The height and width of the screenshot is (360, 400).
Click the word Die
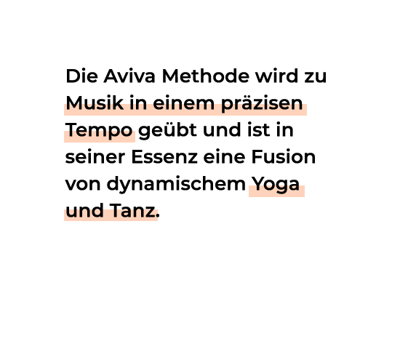[x=81, y=76]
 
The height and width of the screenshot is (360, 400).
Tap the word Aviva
[x=129, y=76]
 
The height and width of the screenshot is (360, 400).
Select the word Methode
[x=206, y=76]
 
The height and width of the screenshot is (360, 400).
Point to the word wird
[x=276, y=76]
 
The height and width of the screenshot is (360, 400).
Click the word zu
[x=316, y=78]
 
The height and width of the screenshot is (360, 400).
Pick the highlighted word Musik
[x=95, y=103]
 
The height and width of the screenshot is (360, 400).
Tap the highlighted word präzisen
[x=262, y=104]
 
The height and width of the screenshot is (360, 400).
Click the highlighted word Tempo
[x=99, y=131]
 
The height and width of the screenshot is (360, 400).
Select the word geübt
[x=167, y=131]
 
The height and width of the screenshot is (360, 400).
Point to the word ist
[x=259, y=130]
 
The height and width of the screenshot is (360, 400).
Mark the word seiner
[x=95, y=157]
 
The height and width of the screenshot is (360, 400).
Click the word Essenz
[x=164, y=157]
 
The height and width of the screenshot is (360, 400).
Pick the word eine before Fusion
[x=224, y=157]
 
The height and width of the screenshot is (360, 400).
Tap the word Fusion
[x=284, y=157]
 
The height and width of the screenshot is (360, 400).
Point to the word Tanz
[x=132, y=211]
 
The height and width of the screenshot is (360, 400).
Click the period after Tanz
[x=157, y=216]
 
